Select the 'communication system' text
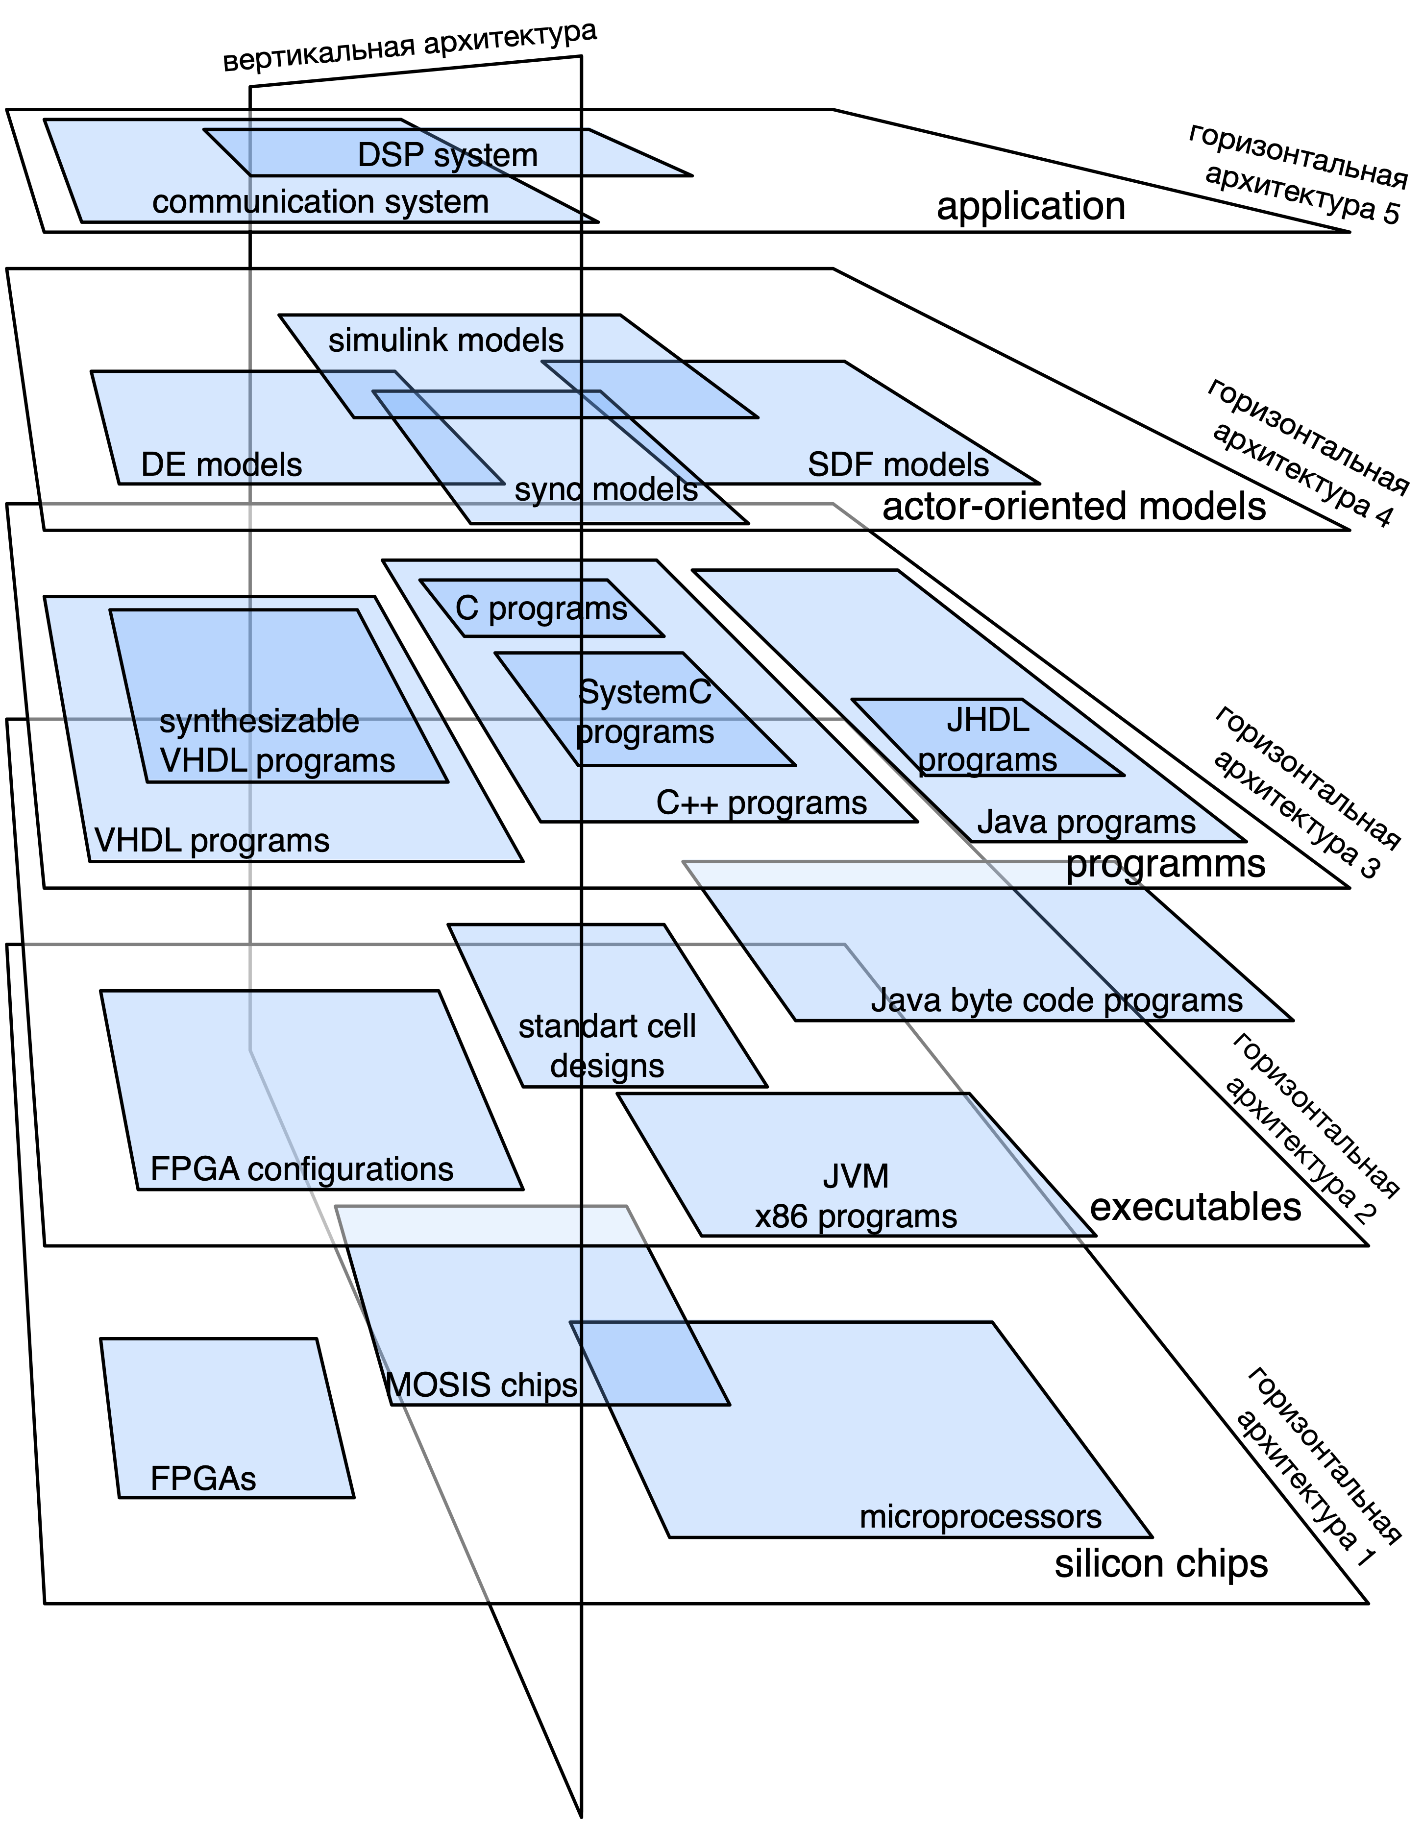tap(320, 202)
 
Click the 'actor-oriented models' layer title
tap(1074, 506)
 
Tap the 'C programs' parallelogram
tap(541, 608)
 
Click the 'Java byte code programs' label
tap(1056, 1000)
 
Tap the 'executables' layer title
tap(1195, 1208)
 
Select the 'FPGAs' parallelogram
tap(225, 1420)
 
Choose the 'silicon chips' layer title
tap(1161, 1563)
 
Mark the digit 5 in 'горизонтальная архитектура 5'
tap(1391, 213)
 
